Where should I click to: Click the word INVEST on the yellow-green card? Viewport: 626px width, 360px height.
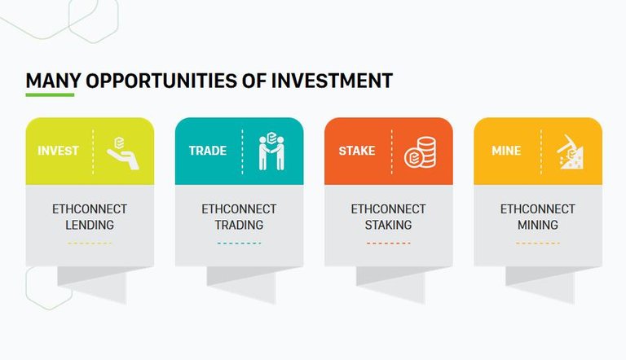pos(59,151)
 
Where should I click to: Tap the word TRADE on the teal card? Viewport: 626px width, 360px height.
pos(208,151)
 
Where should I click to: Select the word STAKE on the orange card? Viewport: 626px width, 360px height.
pos(357,151)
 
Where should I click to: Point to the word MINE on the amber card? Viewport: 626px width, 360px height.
pos(506,151)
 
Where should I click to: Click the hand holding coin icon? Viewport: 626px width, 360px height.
pos(123,154)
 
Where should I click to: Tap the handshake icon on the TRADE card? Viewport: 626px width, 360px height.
pos(271,151)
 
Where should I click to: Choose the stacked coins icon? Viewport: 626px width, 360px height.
pos(420,152)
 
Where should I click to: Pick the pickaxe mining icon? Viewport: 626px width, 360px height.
pos(570,152)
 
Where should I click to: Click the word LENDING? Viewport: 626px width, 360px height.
pos(90,225)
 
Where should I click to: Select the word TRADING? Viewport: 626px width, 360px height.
pos(239,225)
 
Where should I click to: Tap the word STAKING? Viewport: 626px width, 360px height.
pos(388,225)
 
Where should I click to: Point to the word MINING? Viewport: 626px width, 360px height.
pos(538,225)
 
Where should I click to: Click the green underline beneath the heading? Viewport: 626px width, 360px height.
pos(50,95)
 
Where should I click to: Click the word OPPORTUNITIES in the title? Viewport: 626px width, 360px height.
pos(161,81)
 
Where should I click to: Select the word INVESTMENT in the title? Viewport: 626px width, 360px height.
pos(333,81)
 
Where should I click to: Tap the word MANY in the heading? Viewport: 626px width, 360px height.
pos(54,81)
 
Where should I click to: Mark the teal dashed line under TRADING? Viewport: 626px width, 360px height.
pos(239,243)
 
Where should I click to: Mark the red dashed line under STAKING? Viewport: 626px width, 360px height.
pos(388,243)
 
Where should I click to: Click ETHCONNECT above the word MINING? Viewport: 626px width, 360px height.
pos(538,209)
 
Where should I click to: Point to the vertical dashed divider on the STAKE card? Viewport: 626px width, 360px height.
pos(391,151)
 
